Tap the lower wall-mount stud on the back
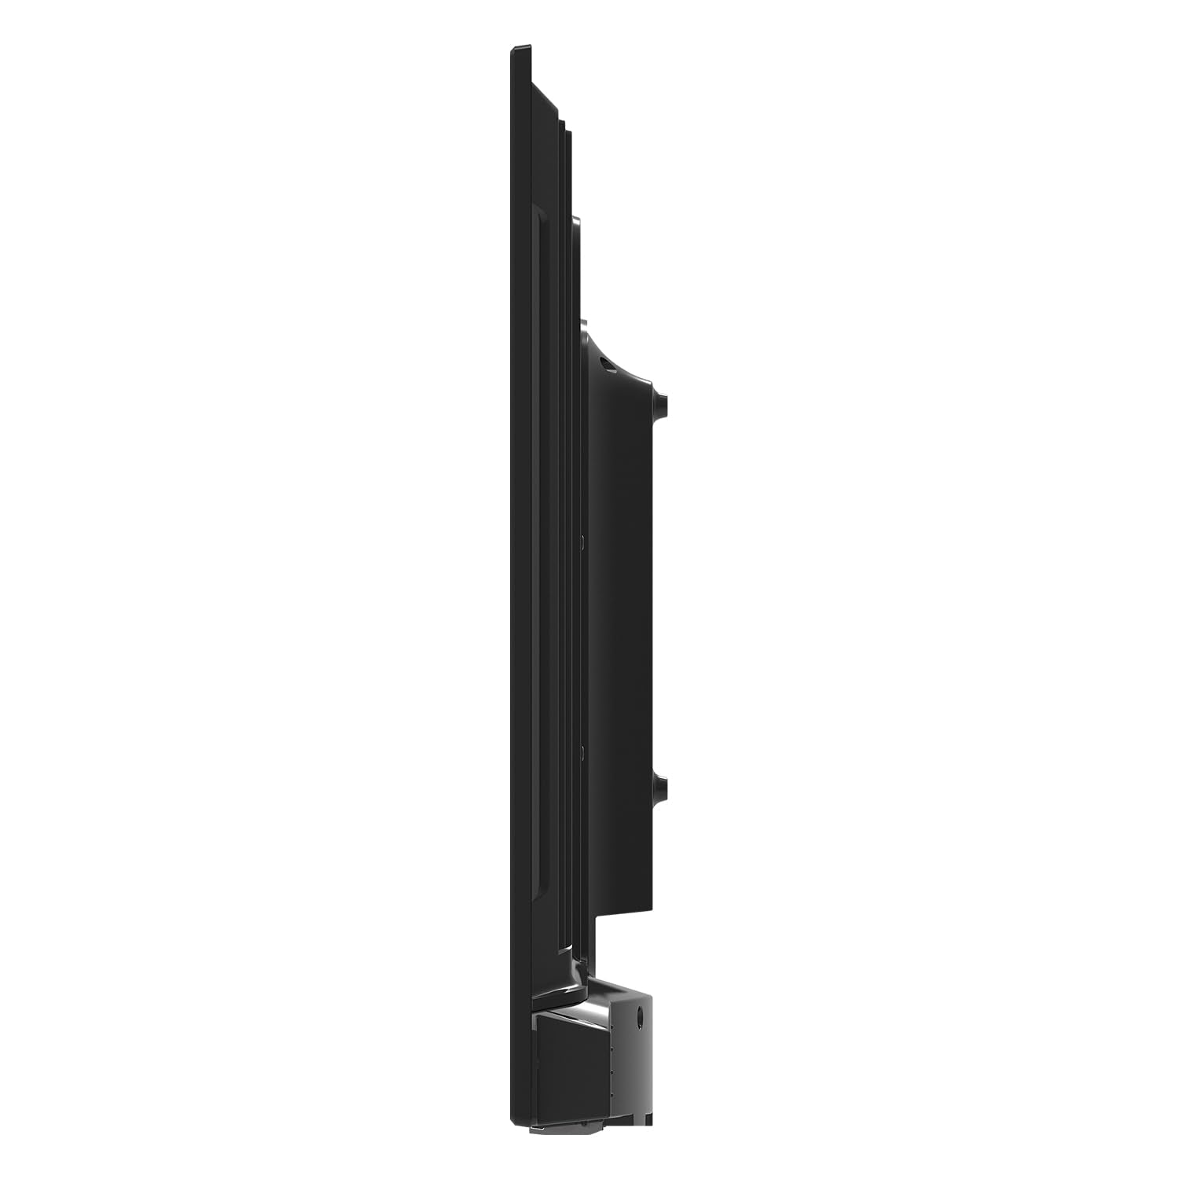(662, 785)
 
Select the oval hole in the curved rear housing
(604, 363)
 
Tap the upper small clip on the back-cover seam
(582, 542)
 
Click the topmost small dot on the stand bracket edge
(611, 1027)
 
